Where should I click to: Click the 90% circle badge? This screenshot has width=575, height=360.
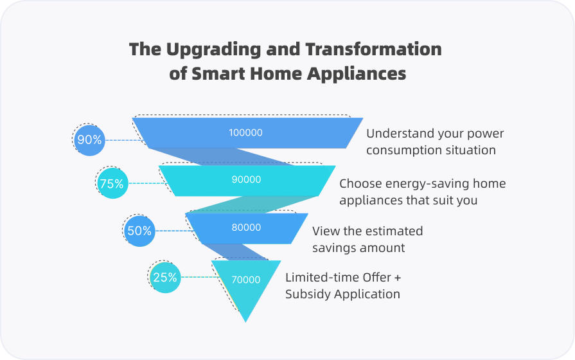click(x=89, y=140)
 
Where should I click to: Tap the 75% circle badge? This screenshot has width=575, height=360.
click(x=112, y=183)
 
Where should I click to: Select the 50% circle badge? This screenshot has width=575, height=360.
click(x=139, y=231)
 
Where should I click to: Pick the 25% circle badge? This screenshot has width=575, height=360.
click(x=165, y=278)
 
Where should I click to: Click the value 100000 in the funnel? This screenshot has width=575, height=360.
click(x=245, y=132)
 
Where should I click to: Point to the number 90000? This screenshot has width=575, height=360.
click(x=247, y=179)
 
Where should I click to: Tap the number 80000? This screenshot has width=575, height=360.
click(x=247, y=227)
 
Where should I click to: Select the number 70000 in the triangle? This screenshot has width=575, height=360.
click(x=246, y=280)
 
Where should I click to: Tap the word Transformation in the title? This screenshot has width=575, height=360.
click(x=373, y=49)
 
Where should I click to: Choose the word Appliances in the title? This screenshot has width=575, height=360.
click(x=357, y=74)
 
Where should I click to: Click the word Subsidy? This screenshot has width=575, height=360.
click(x=308, y=294)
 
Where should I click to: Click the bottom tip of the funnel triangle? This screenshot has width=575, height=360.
click(x=245, y=322)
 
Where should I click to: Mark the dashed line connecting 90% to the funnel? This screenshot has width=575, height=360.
click(x=123, y=140)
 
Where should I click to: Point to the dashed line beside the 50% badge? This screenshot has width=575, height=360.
click(x=174, y=231)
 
